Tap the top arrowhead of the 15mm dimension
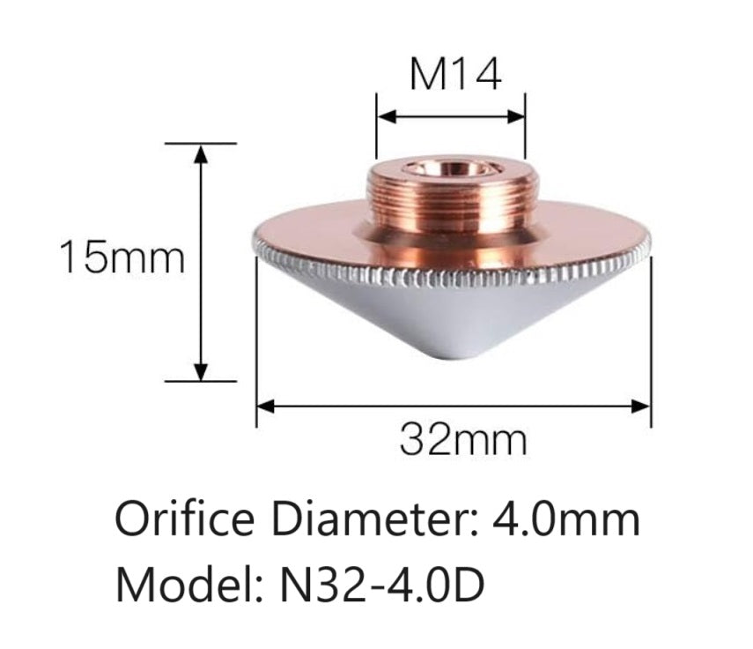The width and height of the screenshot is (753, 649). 202,152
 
